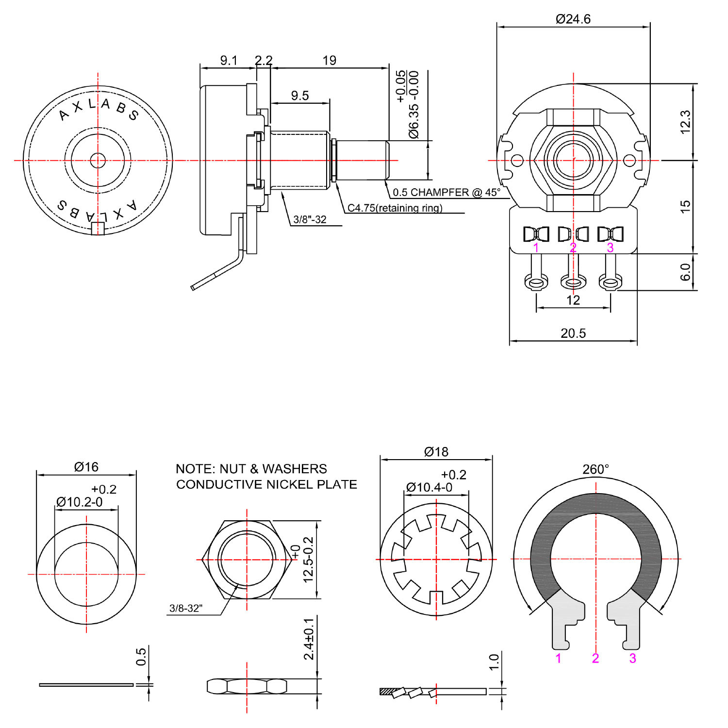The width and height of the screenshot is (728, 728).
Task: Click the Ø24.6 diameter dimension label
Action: [573, 19]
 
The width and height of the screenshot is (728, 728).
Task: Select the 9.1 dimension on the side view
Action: [229, 60]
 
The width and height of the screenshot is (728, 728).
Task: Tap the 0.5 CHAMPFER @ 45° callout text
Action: [446, 192]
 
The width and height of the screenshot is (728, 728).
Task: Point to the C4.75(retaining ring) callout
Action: [395, 208]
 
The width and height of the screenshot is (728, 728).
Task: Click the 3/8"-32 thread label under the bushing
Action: [310, 219]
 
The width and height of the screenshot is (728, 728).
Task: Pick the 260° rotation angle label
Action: [596, 469]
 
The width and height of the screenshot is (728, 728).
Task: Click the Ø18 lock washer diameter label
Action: [436, 452]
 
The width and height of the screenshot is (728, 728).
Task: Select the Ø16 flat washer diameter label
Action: [86, 467]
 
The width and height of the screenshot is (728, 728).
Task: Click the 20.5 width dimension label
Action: [573, 333]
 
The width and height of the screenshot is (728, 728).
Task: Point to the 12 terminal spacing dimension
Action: [573, 300]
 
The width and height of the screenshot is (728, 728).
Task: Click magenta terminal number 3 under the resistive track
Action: [632, 658]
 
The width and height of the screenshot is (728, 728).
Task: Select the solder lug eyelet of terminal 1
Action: [536, 281]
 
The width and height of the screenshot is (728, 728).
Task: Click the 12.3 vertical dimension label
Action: [685, 121]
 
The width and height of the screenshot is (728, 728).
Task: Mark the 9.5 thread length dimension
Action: [299, 96]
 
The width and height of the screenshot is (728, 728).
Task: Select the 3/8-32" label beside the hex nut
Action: [186, 608]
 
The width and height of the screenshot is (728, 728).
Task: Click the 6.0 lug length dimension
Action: [685, 272]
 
